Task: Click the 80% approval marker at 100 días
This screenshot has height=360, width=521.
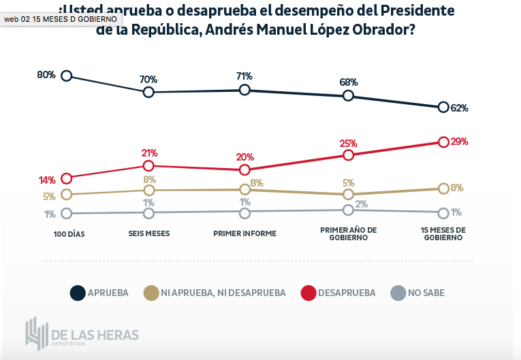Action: [x=67, y=76]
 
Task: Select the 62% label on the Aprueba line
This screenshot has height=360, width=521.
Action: [x=460, y=108]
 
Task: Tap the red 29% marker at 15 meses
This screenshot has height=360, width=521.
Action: [x=443, y=142]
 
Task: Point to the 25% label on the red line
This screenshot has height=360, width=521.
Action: [x=349, y=144]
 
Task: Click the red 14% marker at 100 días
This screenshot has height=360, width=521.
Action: [x=67, y=178]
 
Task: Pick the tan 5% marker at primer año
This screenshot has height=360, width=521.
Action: [x=348, y=194]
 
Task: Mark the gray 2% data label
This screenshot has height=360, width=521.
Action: [x=361, y=204]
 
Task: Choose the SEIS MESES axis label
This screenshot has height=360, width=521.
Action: [x=148, y=233]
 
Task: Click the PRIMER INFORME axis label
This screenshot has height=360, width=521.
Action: [x=245, y=233]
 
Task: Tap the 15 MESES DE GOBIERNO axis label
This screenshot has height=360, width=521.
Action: [x=443, y=233]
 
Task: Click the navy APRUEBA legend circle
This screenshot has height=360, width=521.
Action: [x=78, y=293]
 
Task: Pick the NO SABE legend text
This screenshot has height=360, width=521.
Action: [x=426, y=293]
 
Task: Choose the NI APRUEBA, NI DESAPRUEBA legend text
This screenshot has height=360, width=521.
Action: [x=223, y=293]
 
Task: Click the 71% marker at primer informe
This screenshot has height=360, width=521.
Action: [x=245, y=90]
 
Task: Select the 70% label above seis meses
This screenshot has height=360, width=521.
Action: [x=148, y=80]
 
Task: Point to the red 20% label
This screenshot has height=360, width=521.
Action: [x=245, y=157]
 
